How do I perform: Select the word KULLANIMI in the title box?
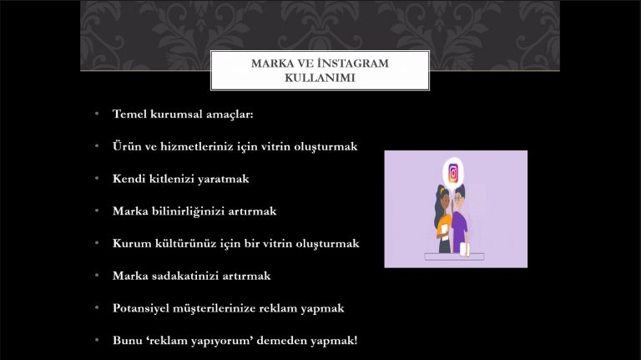point(320,78)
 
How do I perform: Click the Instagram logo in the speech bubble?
point(453,173)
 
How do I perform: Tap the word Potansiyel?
point(140,308)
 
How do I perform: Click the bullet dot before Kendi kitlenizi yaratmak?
point(97,179)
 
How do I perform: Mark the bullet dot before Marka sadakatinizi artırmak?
point(97,276)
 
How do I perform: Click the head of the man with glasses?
point(459,196)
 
